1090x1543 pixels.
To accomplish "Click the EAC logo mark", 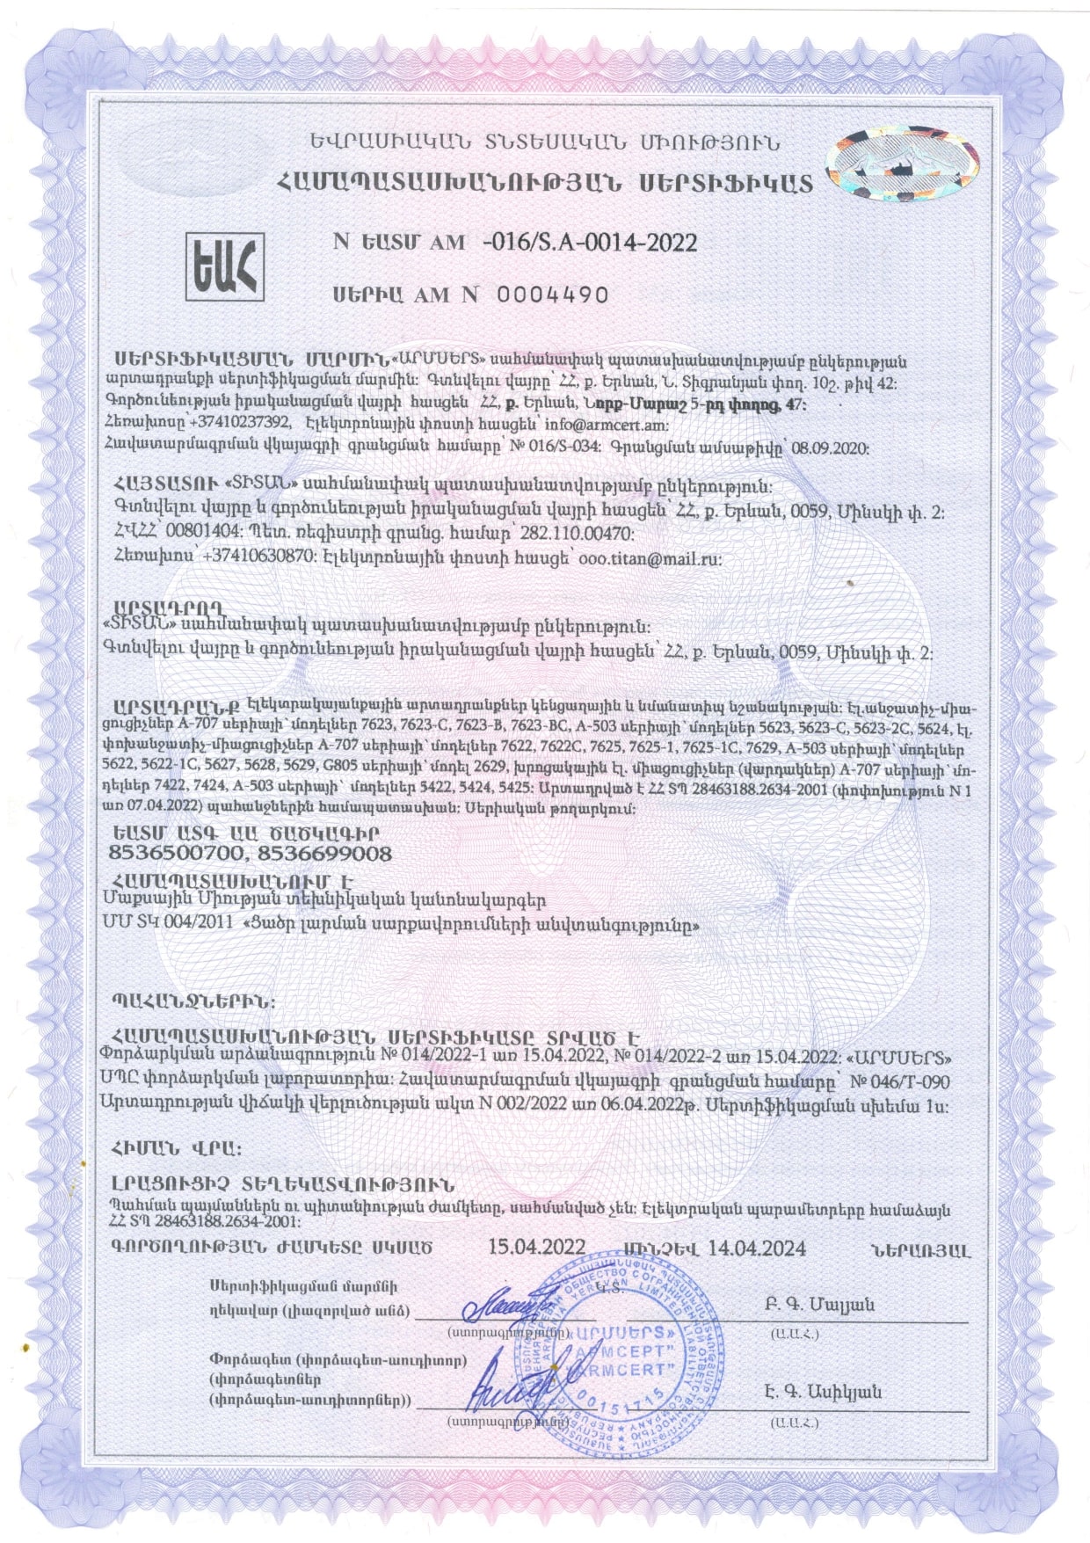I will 226,266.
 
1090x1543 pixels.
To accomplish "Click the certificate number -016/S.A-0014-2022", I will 590,243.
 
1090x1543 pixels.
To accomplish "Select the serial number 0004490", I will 553,295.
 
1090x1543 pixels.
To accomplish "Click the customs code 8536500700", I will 169,854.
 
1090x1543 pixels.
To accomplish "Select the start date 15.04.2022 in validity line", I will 536,1248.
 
